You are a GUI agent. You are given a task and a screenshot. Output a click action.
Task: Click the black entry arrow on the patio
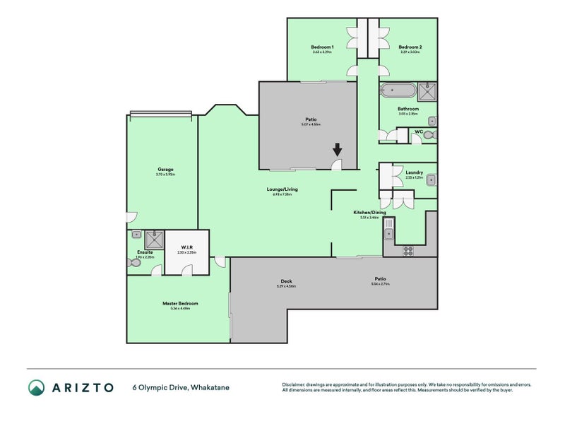click(x=338, y=149)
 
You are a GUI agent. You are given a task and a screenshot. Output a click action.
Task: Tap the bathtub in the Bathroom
click(x=398, y=90)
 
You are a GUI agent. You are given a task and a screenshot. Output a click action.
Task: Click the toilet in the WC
click(x=433, y=134)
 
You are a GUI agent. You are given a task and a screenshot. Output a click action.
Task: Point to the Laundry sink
click(x=431, y=179)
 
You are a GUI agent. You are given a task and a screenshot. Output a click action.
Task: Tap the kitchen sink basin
click(x=389, y=227)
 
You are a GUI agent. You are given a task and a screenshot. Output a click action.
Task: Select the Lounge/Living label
click(x=282, y=189)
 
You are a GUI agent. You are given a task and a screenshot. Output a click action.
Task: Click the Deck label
click(x=287, y=281)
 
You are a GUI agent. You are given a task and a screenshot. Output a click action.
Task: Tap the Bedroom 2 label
click(x=410, y=47)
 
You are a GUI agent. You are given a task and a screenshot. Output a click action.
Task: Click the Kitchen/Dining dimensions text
click(x=369, y=218)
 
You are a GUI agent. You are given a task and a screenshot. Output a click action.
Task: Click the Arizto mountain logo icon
click(x=36, y=387)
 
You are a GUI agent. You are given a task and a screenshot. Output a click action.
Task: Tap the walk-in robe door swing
click(x=186, y=269)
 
